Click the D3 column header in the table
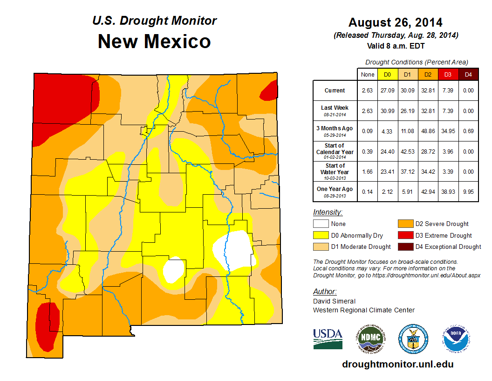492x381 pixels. [447, 74]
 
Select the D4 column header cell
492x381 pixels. [468, 74]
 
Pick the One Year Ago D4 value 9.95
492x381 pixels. [468, 191]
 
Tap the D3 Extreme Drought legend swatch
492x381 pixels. [404, 235]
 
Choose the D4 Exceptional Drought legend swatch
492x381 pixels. [404, 247]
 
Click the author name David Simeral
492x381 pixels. [334, 301]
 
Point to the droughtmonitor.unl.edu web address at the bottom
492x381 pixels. [397, 364]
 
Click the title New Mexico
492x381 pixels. [154, 42]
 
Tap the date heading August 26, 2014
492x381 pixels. [395, 22]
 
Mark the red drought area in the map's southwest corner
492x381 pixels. [47, 326]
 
